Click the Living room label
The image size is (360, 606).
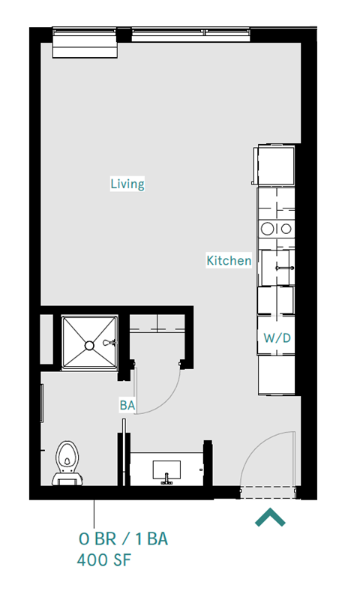(127, 184)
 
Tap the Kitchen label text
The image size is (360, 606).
(229, 260)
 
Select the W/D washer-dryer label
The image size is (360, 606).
(276, 338)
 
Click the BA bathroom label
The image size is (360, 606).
(127, 405)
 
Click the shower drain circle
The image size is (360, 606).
(89, 345)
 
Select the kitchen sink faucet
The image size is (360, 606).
(282, 268)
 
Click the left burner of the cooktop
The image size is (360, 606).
(265, 229)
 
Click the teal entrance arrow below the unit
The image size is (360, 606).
(269, 517)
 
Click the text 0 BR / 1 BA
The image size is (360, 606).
(127, 538)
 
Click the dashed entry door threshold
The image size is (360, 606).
(268, 492)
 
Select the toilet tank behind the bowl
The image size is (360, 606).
(67, 477)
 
